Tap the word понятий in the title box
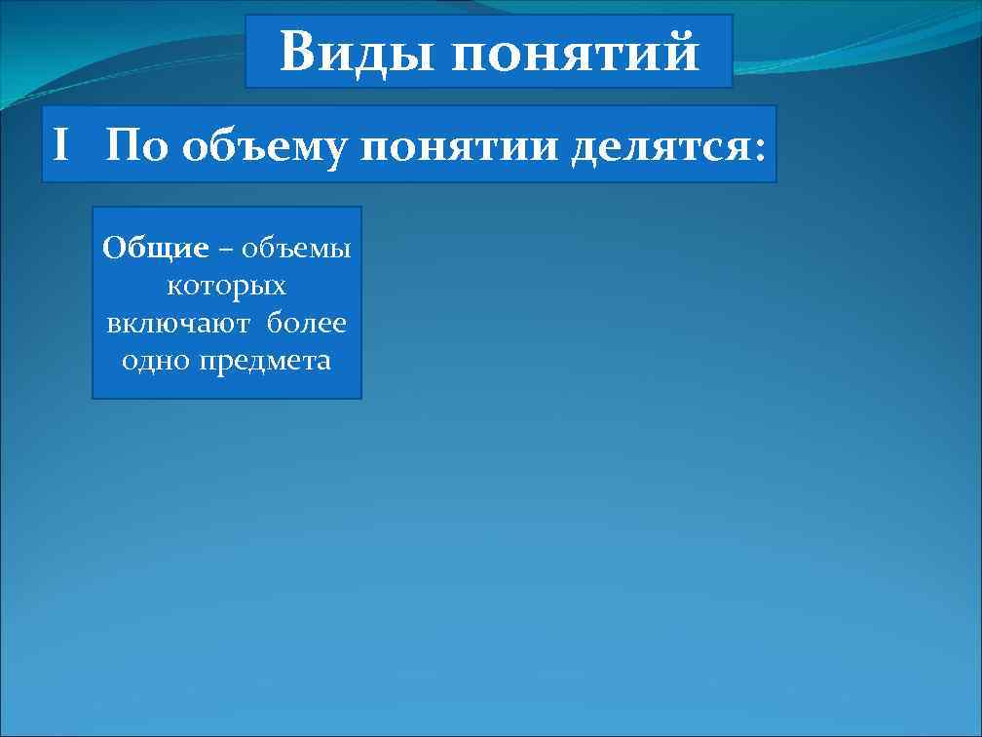576,54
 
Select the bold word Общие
156,249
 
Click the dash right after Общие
225,251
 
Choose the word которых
227,287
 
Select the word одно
157,361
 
